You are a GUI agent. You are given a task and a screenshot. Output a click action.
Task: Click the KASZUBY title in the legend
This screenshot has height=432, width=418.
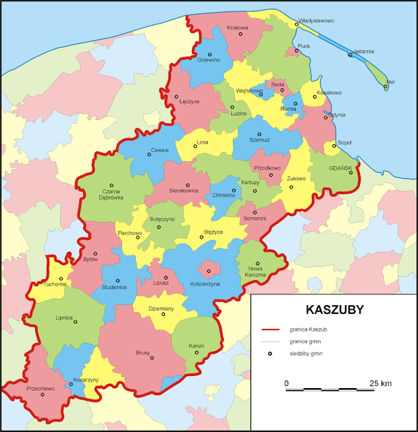pyautogui.click(x=335, y=310)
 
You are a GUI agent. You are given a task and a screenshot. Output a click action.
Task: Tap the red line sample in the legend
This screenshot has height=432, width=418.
pyautogui.click(x=270, y=329)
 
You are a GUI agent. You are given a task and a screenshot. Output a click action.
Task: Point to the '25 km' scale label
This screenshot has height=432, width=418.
pyautogui.click(x=381, y=383)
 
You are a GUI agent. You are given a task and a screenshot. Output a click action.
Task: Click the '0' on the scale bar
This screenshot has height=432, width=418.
pyautogui.click(x=287, y=383)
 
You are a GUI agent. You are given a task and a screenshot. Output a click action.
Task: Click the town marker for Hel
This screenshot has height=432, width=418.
pyautogui.click(x=386, y=86)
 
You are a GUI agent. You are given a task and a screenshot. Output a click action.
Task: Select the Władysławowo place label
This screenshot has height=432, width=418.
pyautogui.click(x=317, y=20)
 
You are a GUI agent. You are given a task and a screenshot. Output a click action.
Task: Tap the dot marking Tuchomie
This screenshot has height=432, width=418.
pyautogui.click(x=61, y=278)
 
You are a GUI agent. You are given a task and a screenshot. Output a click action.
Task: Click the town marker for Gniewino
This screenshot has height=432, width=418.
pyautogui.click(x=209, y=54)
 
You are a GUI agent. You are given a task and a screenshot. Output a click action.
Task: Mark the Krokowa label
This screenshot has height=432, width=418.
pyautogui.click(x=238, y=28)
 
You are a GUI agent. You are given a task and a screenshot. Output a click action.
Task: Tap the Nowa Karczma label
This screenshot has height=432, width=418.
pyautogui.click(x=256, y=272)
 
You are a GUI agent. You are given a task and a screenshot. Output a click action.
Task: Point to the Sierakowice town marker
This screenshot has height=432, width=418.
pyautogui.click(x=188, y=185)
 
